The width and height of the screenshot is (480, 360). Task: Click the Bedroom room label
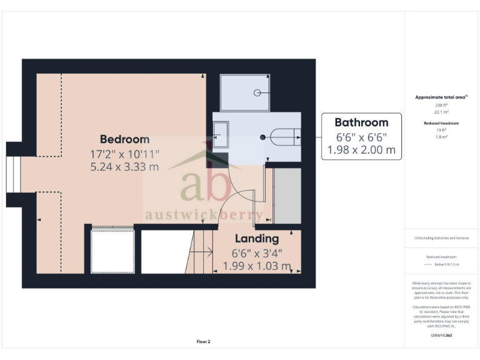tap(125, 139)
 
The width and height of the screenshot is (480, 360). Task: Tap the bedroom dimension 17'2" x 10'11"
tap(125, 153)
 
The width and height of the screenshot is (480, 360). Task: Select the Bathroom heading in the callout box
tap(361, 122)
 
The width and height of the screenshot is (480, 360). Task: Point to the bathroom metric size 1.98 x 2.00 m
tap(361, 150)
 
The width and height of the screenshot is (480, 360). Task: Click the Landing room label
tap(257, 238)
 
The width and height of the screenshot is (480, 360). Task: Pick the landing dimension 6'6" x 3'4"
tap(257, 253)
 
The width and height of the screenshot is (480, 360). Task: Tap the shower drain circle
tap(257, 92)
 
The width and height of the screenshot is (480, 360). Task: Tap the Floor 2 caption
tap(204, 341)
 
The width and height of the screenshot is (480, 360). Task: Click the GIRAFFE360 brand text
tap(441, 336)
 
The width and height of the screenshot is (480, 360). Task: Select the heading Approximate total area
tap(441, 97)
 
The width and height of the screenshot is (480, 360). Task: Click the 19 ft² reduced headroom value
tap(441, 130)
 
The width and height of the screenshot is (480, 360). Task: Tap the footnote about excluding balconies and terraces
tap(441, 238)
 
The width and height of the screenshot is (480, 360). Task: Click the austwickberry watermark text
tap(204, 215)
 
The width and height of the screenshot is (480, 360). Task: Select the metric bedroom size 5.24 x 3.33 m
tap(125, 167)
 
